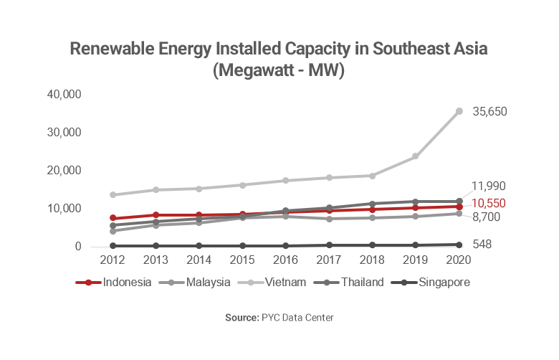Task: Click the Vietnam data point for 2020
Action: (459, 111)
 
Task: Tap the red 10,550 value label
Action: (489, 203)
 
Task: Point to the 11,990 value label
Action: (489, 186)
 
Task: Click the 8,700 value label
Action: (487, 217)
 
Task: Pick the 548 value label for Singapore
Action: (482, 245)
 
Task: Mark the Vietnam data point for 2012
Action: (113, 194)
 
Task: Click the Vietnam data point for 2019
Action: (415, 156)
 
